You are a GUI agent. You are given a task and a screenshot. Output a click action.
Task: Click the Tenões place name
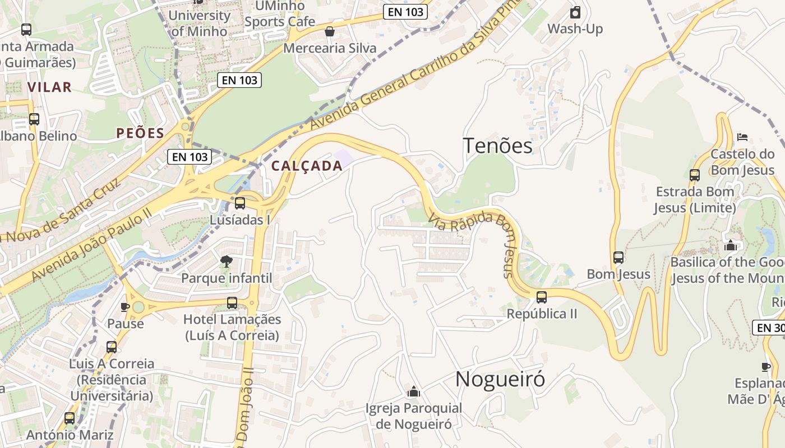[497, 146]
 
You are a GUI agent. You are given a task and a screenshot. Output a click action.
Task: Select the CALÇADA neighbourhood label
[307, 166]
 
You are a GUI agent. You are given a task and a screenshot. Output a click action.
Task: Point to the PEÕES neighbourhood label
[140, 133]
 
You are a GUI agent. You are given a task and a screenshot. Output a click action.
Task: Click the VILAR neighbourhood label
[49, 87]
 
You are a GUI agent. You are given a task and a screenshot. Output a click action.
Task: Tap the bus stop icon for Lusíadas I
[240, 203]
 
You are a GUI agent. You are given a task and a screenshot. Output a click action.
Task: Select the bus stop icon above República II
[541, 297]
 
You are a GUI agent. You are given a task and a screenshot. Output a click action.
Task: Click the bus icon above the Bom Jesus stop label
[618, 258]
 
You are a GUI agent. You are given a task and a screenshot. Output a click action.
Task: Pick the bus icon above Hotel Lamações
[232, 303]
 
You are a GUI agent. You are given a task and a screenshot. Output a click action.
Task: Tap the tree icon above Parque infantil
[227, 261]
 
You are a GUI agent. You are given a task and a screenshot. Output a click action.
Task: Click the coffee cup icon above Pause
[125, 307]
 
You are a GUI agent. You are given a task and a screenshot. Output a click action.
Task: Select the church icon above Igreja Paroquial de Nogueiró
[414, 391]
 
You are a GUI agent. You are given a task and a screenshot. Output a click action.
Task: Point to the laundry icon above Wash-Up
[575, 12]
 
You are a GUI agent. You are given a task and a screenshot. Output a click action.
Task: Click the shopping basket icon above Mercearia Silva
[330, 31]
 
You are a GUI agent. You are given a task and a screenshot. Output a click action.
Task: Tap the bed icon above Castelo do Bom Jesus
[742, 137]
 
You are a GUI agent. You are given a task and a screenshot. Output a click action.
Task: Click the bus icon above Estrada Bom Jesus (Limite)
[695, 175]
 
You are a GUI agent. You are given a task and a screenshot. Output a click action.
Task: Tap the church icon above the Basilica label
[730, 245]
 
